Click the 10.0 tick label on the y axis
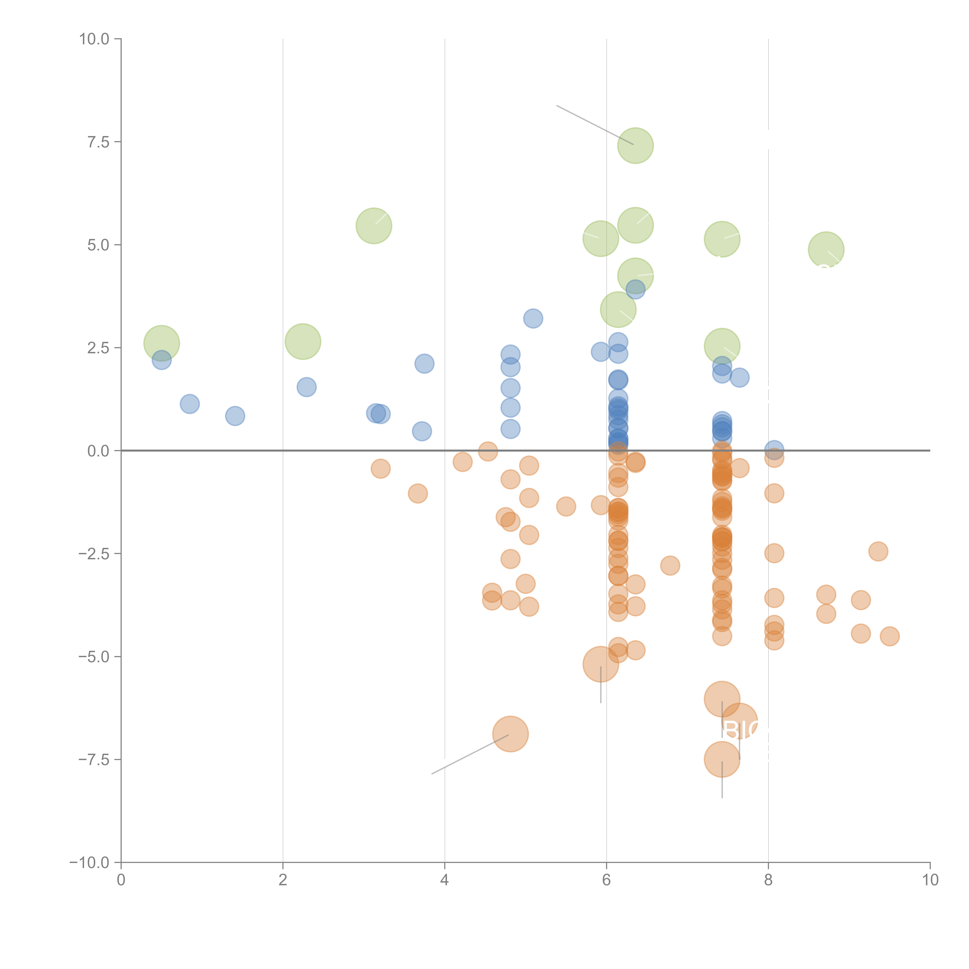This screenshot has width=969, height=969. coord(94,39)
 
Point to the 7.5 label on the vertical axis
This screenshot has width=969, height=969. coord(98,142)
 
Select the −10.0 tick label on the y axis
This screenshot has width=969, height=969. coord(89,863)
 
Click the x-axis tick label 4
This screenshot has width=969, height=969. coord(444,880)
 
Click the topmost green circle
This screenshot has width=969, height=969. coord(635,146)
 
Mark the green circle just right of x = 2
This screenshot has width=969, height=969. coord(303,341)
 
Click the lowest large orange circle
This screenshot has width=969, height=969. coord(722,759)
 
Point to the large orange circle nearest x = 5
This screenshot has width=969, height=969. coord(510,734)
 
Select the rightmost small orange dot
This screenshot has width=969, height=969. coord(889,636)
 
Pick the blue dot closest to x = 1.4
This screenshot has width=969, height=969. coord(235,416)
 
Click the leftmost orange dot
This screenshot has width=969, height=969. coord(381,468)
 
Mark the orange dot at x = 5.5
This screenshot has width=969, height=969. coord(566,507)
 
